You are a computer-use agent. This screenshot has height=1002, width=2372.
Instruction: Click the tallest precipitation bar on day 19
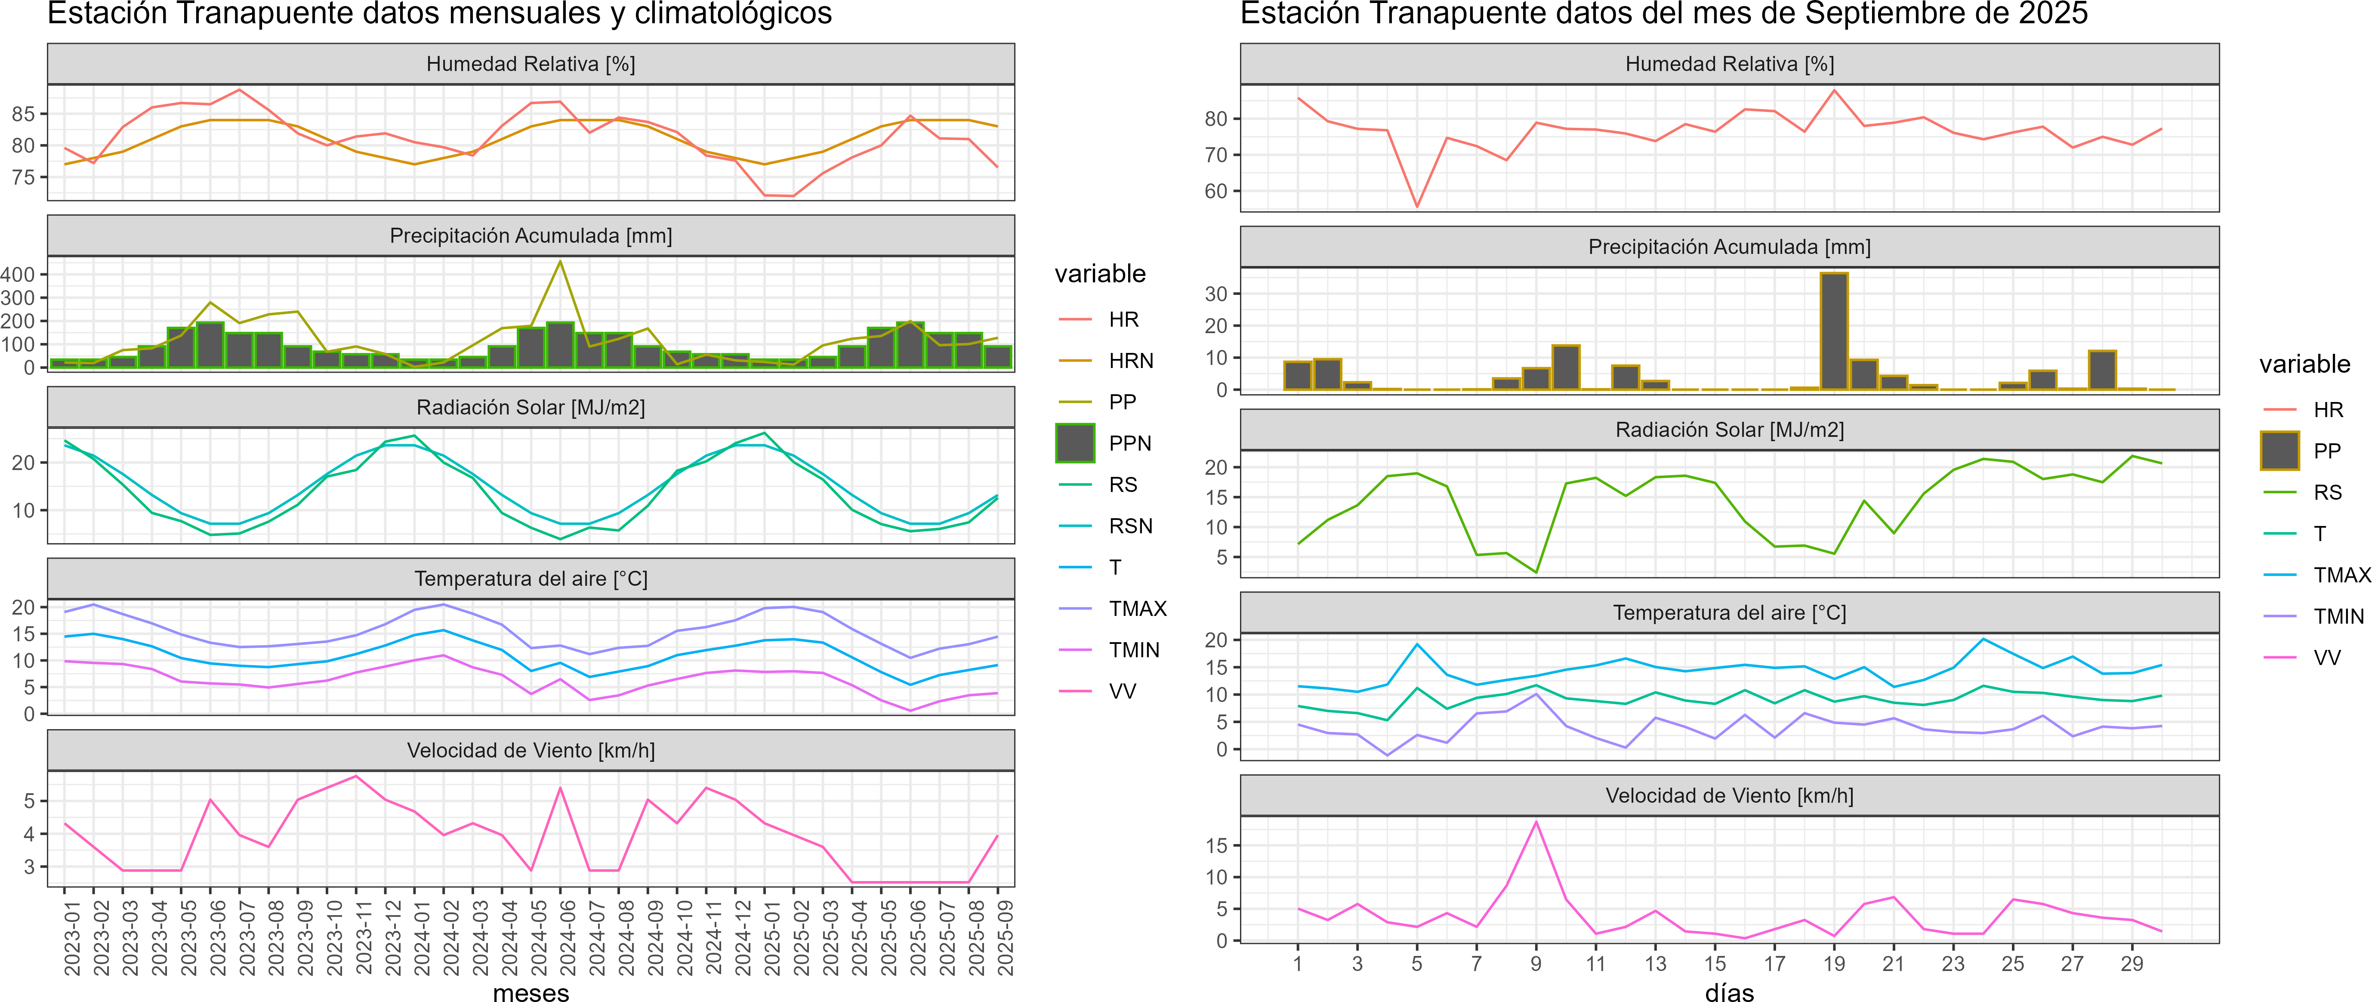pos(1833,331)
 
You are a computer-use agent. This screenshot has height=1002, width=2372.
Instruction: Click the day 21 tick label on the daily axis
pos(1893,963)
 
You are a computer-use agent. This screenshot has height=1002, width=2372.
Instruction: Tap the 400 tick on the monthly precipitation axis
pos(19,275)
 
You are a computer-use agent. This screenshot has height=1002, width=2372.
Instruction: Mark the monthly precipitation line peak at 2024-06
pos(560,262)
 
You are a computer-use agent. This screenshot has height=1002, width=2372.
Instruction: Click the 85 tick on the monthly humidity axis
pos(23,114)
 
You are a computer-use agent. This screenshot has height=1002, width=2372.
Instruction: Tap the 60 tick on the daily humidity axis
pos(1215,192)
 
